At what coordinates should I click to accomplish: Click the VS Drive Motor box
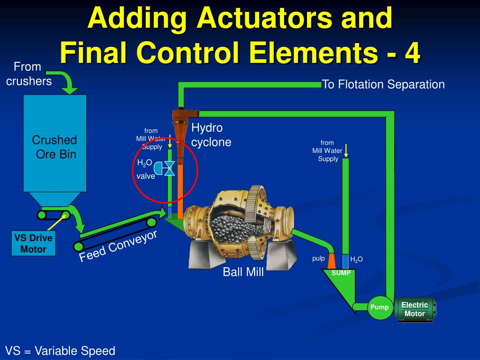coord(33,243)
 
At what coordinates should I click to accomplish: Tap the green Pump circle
coord(379,307)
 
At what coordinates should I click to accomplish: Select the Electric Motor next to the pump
coord(415,309)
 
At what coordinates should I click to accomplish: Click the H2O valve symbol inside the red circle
coord(169,168)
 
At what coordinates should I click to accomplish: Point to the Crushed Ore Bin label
coord(54,147)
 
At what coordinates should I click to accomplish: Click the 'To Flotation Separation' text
coord(383,84)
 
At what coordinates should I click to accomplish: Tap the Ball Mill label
coord(243,272)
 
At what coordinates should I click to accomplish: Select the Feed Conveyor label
coord(118,247)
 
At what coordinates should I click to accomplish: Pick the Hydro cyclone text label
coord(211,135)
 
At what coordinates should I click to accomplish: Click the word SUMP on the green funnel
coord(341,273)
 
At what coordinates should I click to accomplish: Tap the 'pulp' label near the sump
coord(319,258)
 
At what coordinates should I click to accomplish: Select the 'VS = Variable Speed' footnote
coord(60,351)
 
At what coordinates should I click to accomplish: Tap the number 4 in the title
coord(412,54)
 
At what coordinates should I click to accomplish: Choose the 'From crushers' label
coord(28,74)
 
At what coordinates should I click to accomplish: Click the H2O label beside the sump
coord(357,259)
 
